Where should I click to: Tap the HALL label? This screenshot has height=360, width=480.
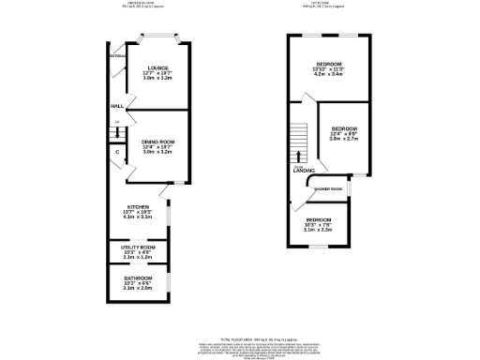(x=118, y=106)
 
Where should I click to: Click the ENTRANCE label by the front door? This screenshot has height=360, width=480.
(x=116, y=56)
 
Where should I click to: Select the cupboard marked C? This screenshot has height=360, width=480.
(x=117, y=151)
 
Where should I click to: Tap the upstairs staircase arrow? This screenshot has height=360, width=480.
(x=300, y=154)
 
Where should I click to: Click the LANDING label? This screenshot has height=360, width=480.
(x=303, y=171)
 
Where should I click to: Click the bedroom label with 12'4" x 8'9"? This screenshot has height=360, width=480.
(x=344, y=127)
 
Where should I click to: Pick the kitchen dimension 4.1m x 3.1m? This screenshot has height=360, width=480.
(x=139, y=217)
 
